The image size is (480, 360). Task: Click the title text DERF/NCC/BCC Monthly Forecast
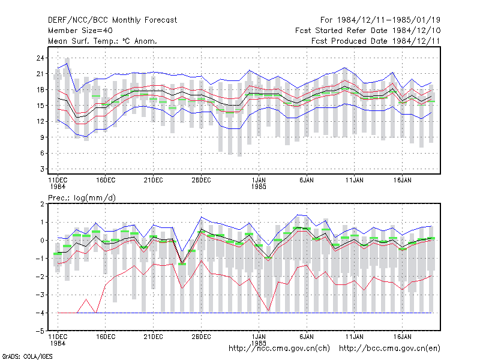click(x=112, y=20)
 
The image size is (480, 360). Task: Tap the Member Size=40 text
click(x=80, y=31)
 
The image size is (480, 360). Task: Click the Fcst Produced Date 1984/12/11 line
click(x=376, y=41)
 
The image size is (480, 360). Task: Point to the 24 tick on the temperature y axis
click(x=40, y=58)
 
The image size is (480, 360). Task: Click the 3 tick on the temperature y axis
click(x=42, y=169)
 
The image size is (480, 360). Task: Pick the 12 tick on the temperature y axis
click(x=40, y=122)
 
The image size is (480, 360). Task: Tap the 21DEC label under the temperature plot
click(x=154, y=180)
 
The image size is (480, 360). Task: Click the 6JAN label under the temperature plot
click(x=307, y=180)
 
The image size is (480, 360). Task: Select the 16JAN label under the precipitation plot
click(x=402, y=337)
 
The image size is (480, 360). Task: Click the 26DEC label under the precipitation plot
click(x=201, y=337)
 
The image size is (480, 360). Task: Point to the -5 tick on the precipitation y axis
click(x=40, y=331)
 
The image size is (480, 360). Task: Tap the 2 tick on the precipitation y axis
click(x=42, y=204)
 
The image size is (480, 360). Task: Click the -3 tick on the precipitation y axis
click(x=40, y=295)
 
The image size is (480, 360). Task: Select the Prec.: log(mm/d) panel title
click(x=82, y=198)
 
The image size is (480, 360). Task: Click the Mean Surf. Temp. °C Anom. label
click(x=102, y=41)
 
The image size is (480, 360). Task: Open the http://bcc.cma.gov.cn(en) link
click(x=389, y=349)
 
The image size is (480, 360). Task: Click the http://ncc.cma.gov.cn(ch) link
click(x=280, y=349)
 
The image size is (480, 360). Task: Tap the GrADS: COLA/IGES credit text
click(x=27, y=356)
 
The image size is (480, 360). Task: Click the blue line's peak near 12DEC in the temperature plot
click(x=67, y=64)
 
